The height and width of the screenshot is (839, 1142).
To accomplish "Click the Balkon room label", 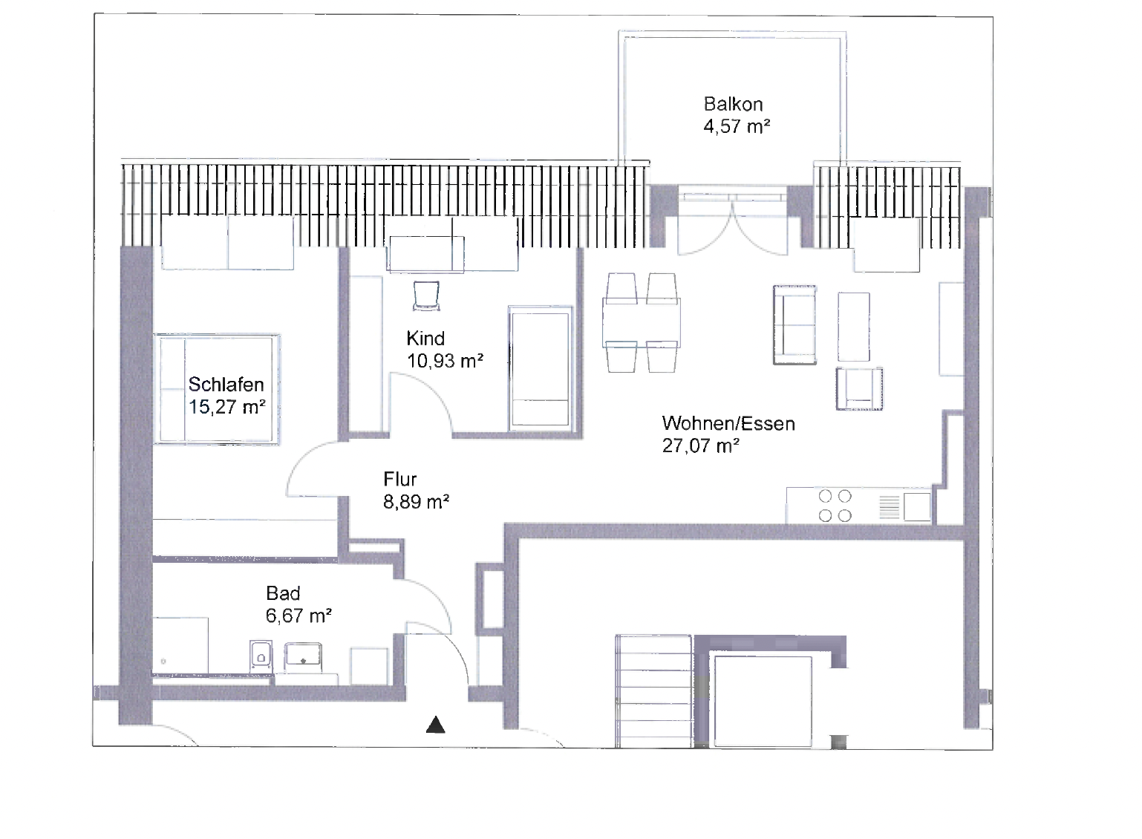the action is [x=733, y=105].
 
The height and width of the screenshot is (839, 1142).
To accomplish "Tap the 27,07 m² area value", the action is [x=700, y=446].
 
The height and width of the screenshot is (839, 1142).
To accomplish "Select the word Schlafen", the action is [x=226, y=385].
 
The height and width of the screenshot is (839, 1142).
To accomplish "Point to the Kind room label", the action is [x=425, y=339].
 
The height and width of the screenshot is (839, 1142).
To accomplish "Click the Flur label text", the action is [x=399, y=479].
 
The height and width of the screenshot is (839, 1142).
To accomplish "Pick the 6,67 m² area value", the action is [x=298, y=616].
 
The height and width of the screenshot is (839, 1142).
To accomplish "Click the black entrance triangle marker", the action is [x=435, y=725].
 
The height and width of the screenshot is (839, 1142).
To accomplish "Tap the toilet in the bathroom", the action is [x=261, y=656].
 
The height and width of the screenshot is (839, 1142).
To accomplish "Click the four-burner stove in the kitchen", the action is [x=835, y=506].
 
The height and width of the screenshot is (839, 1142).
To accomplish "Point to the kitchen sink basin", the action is [x=917, y=506].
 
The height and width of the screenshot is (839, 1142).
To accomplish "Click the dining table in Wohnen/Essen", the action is [x=642, y=323].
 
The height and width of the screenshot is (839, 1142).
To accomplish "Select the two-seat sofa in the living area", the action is [x=794, y=324].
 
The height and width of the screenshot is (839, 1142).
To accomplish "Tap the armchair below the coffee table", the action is [x=859, y=388].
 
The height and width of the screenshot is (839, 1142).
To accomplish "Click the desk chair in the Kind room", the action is [x=426, y=296].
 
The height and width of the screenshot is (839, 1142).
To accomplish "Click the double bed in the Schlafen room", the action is [x=217, y=389].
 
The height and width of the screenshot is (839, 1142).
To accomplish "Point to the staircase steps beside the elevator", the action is [x=654, y=691].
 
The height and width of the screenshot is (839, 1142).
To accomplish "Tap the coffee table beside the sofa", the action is [x=854, y=327].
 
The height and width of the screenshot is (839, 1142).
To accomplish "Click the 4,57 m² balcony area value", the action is [x=737, y=126].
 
